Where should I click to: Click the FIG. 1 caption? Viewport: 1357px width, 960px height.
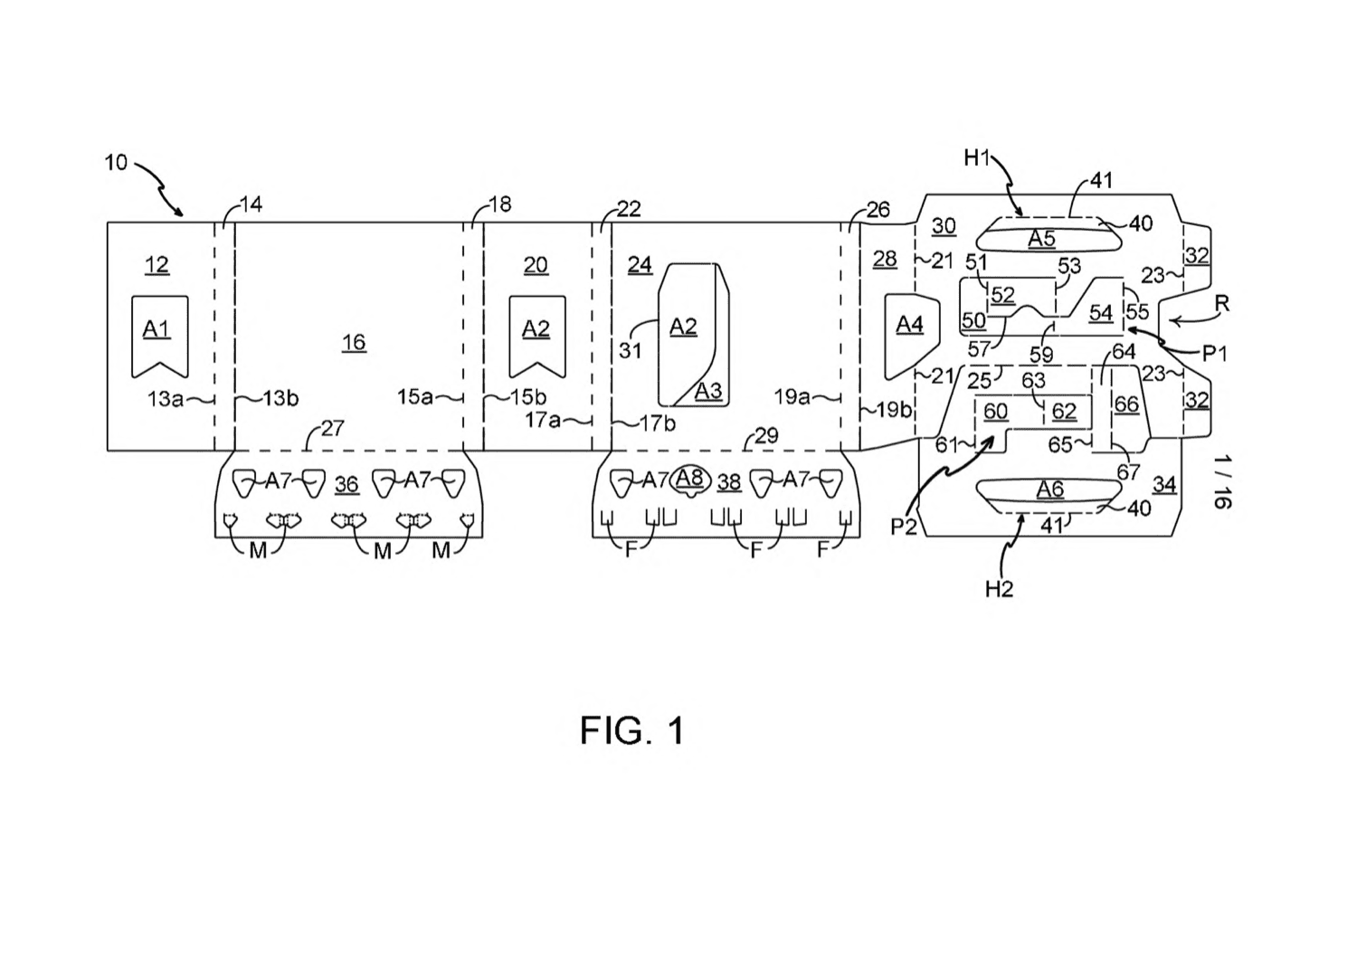631,730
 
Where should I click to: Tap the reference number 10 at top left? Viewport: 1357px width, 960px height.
116,163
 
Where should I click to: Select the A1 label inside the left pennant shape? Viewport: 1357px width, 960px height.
156,329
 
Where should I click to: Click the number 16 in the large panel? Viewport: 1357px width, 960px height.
354,342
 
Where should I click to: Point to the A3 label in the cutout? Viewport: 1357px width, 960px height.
708,391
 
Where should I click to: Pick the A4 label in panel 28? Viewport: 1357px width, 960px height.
909,325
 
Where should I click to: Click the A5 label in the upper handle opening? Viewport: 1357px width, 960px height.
1041,238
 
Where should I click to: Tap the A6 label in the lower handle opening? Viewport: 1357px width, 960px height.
1049,489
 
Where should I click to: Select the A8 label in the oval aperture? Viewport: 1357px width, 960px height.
689,478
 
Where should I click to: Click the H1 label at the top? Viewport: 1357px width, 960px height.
976,158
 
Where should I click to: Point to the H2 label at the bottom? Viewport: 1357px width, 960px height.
999,588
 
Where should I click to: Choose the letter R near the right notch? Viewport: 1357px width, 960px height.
1222,303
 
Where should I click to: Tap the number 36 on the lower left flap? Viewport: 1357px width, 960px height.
346,484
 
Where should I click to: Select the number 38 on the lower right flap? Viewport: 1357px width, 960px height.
729,482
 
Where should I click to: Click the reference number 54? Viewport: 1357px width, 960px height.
1101,313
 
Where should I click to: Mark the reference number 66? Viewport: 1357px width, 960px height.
1126,404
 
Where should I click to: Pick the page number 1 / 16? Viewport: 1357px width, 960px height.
1222,482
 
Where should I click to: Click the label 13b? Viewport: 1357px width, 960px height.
280,398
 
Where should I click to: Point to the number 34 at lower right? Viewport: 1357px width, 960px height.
1164,484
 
